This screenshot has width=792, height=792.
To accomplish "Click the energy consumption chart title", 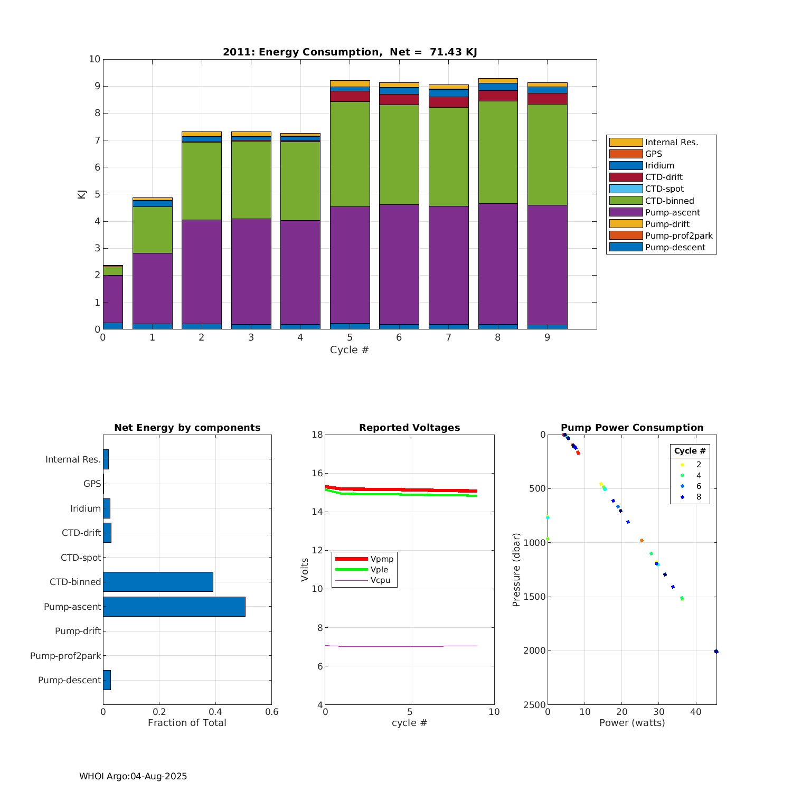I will coord(350,52).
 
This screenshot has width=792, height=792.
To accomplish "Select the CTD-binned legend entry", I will coord(670,201).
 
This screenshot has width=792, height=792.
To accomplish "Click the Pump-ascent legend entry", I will coord(672,212).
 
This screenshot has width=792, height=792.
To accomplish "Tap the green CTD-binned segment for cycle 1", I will coord(152,230).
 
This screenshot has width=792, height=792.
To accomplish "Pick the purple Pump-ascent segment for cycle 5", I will coord(350,264).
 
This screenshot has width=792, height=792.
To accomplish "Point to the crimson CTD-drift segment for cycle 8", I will coord(498,96).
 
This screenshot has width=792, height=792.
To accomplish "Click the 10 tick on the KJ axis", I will coord(95,59).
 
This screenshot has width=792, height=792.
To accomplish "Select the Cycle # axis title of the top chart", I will coord(350,350).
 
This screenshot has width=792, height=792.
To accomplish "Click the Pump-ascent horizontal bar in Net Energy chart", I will coord(174,607).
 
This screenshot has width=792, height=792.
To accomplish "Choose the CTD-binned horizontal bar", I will coord(158,582).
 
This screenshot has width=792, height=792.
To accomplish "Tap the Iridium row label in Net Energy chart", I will coord(85,508).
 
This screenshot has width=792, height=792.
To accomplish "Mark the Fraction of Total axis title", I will coord(187,723).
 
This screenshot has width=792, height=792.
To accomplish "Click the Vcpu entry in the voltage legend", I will coord(380,580).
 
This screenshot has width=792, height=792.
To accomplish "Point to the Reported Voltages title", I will coord(409,428).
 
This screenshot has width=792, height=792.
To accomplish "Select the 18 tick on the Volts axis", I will coord(317,435).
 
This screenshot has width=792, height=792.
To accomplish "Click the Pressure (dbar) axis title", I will coord(516,570).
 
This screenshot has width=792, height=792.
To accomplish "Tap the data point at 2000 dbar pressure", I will coord(716,652).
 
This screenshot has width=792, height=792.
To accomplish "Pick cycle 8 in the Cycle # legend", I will coord(699,497).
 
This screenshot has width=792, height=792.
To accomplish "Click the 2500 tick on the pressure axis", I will coord(534,705).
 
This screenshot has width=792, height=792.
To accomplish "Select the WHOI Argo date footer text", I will coord(133,776).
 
